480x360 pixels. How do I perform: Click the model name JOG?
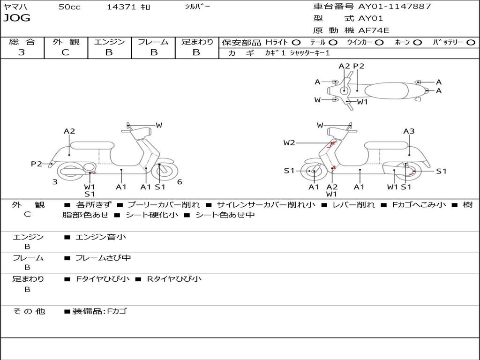pyautogui.click(x=17, y=18)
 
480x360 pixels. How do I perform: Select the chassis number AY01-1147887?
pyautogui.click(x=394, y=7)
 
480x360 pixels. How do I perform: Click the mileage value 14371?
pyautogui.click(x=121, y=7)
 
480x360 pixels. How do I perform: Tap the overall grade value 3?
pyautogui.click(x=22, y=52)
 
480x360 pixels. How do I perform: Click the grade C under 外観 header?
pyautogui.click(x=66, y=52)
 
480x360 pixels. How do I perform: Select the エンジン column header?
pyautogui.click(x=109, y=42)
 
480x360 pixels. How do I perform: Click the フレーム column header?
pyautogui.click(x=153, y=42)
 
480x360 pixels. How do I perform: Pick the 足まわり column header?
pyautogui.click(x=197, y=42)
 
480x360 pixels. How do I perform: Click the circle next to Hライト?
pyautogui.click(x=296, y=42)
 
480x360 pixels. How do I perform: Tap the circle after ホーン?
pyautogui.click(x=418, y=42)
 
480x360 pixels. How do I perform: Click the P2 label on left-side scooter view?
pyautogui.click(x=37, y=164)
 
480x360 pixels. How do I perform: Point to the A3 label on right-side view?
pyautogui.click(x=409, y=131)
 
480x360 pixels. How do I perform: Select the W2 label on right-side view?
pyautogui.click(x=289, y=143)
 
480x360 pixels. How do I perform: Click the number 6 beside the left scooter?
pyautogui.click(x=180, y=182)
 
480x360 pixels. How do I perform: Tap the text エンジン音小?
pyautogui.click(x=101, y=237)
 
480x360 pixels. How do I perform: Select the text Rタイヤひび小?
pyautogui.click(x=174, y=279)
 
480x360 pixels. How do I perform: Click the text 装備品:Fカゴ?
pyautogui.click(x=99, y=311)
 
